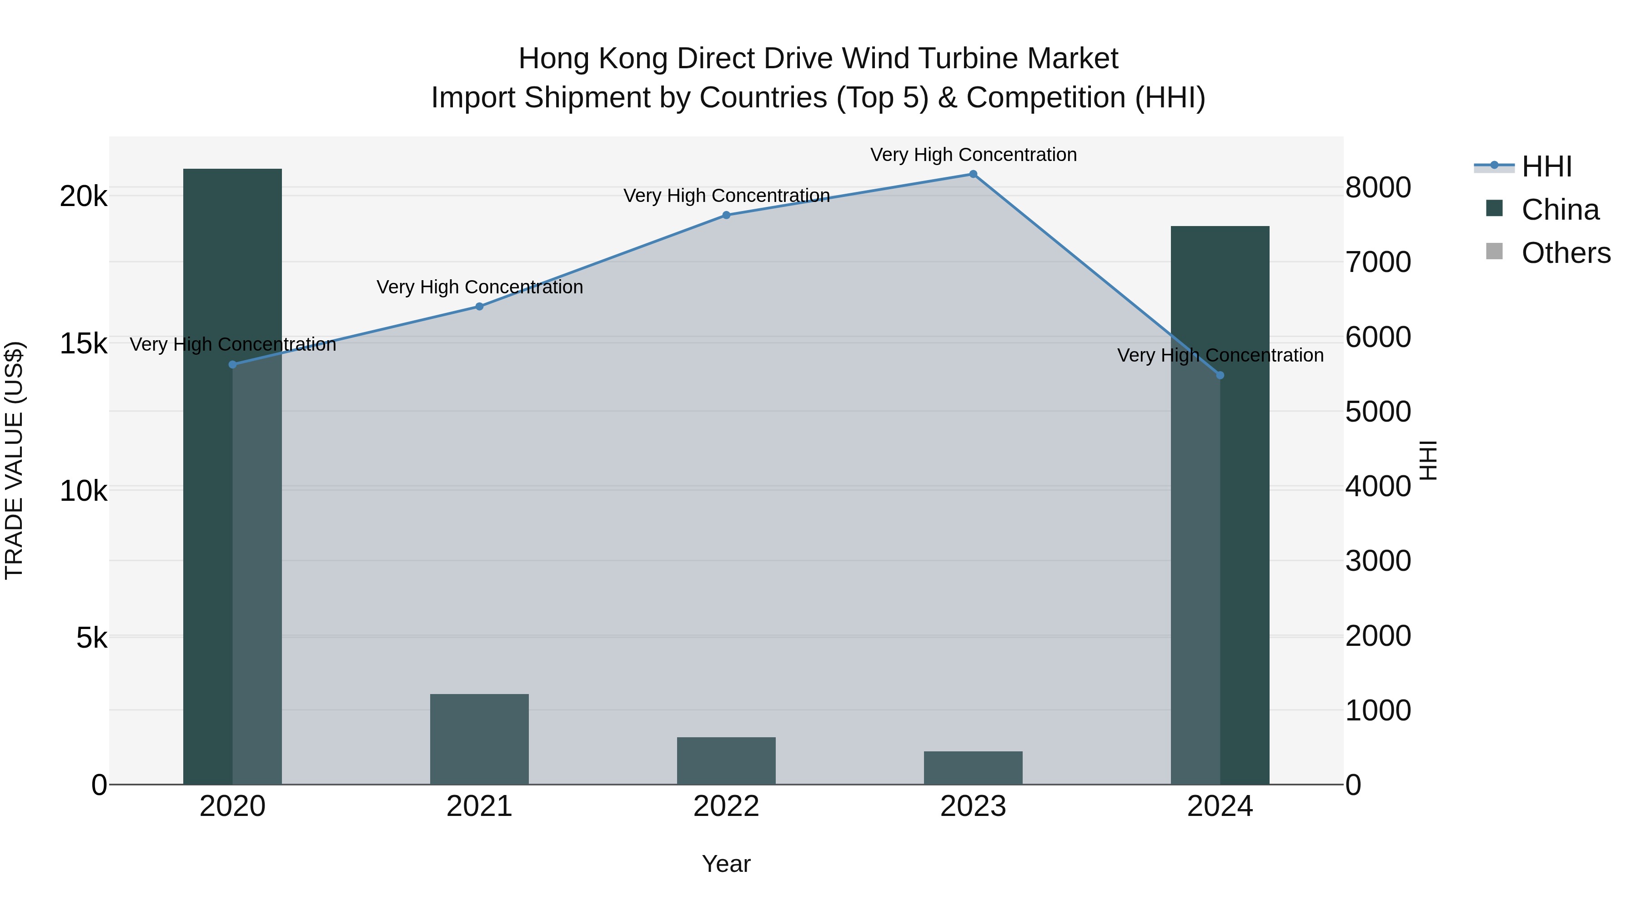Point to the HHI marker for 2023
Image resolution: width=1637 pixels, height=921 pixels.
pyautogui.click(x=973, y=174)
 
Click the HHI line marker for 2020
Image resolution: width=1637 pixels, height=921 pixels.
pyautogui.click(x=232, y=364)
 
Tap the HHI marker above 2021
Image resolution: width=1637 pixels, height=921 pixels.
pyautogui.click(x=479, y=307)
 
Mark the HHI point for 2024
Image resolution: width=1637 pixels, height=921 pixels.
pyautogui.click(x=1220, y=376)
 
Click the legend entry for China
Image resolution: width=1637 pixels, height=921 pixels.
pyautogui.click(x=1560, y=210)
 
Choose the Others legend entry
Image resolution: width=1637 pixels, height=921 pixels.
pyautogui.click(x=1565, y=253)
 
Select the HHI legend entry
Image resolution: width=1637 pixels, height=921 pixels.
pyautogui.click(x=1546, y=166)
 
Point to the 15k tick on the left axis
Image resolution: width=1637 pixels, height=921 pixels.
pyautogui.click(x=83, y=344)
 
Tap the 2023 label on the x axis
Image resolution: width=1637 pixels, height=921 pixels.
pyautogui.click(x=973, y=806)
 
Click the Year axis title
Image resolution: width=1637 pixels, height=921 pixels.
pyautogui.click(x=726, y=864)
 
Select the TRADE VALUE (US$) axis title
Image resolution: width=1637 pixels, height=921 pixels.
pyautogui.click(x=14, y=460)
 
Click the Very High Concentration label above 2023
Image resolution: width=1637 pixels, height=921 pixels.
pyautogui.click(x=973, y=155)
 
